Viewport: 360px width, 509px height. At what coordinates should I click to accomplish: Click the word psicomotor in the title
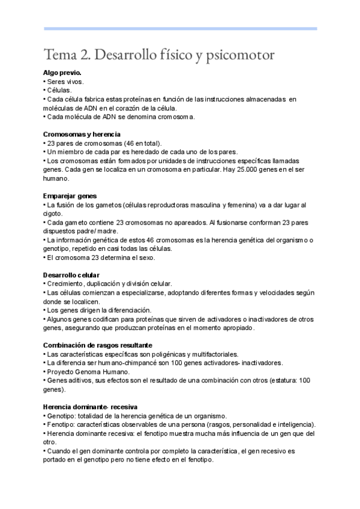(x=243, y=55)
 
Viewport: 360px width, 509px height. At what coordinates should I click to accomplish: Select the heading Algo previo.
(x=62, y=73)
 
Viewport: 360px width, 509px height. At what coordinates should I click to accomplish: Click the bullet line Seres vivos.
(x=65, y=81)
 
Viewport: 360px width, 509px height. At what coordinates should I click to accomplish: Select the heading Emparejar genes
(x=70, y=196)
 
